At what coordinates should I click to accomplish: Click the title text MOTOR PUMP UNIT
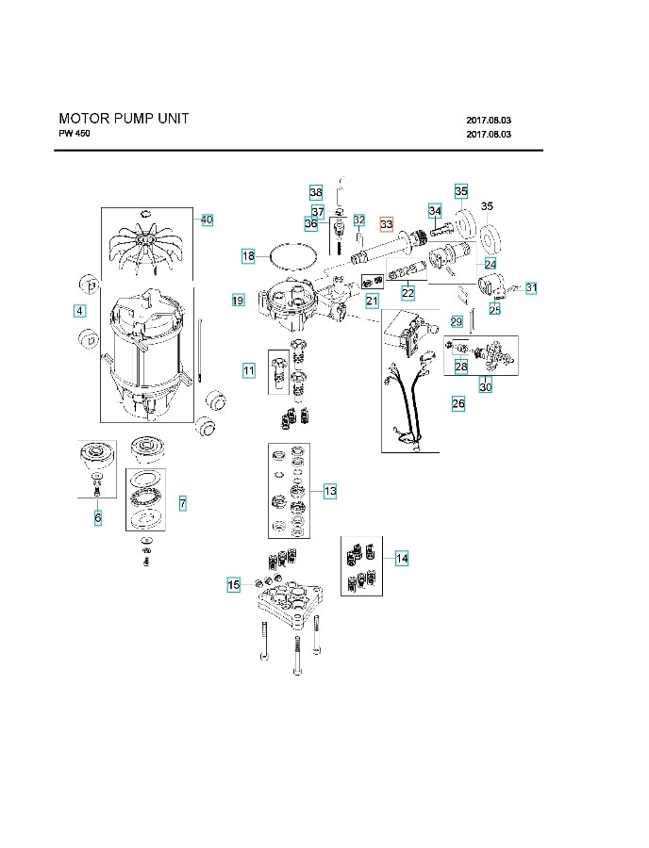coord(124,119)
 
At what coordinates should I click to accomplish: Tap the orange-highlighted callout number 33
coord(386,224)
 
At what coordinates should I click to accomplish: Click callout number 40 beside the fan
coord(207,220)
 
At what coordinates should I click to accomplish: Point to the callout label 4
coord(79,310)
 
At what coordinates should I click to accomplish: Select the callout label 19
coord(238,301)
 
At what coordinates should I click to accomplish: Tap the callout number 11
coord(248,371)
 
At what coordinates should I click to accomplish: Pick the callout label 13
coord(330,491)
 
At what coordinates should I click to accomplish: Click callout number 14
coord(402,559)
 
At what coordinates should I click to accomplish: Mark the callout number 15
coord(233,585)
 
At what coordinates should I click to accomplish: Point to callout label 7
coord(182,504)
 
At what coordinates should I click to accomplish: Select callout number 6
coord(97,517)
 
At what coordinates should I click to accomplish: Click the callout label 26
coord(458,404)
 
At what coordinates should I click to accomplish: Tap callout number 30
coord(485,386)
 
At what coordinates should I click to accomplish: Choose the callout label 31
coord(531,287)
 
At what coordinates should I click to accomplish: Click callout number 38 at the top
coord(316,191)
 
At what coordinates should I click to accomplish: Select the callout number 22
coord(408,293)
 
